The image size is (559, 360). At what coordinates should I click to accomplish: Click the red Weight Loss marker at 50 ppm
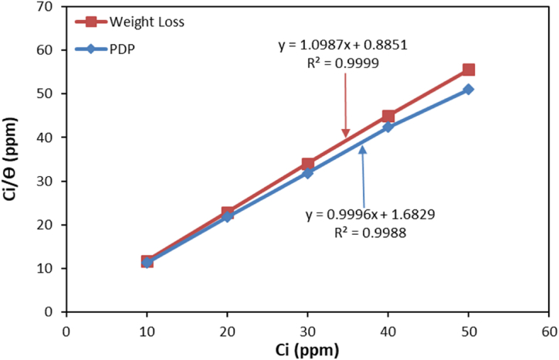469,70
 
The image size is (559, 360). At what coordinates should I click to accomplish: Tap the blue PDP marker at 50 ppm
469,90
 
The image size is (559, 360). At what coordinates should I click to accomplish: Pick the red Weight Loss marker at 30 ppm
308,164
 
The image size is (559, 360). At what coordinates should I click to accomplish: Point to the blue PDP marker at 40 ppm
388,126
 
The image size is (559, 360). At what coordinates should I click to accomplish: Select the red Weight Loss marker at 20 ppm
228,212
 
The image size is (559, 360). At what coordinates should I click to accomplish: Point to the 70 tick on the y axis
49,7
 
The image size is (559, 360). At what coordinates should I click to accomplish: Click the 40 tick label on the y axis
49,138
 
